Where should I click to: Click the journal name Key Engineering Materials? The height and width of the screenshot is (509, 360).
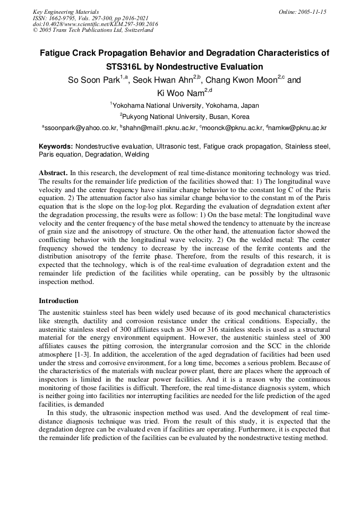point(65,11)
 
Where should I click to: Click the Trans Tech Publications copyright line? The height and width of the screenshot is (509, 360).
point(93,30)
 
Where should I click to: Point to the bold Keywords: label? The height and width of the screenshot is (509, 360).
point(56,146)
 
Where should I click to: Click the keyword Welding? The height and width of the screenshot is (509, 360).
point(136,154)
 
